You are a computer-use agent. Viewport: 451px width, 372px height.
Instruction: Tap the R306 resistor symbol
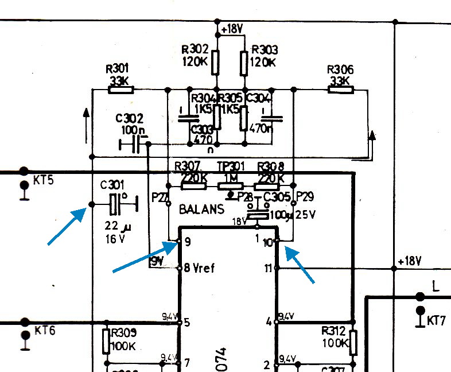coord(340,90)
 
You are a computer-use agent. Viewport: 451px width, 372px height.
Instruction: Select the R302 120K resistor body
coord(216,62)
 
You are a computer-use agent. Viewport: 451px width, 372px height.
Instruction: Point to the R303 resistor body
coord(244,62)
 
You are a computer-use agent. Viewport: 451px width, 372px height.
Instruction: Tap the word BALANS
coord(201,210)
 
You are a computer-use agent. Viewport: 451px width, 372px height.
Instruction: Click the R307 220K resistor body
coord(194,185)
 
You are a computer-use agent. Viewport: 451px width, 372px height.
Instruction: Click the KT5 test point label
coord(44,180)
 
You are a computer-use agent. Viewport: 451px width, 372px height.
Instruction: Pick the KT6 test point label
coord(44,331)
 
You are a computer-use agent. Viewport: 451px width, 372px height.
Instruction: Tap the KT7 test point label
coord(436,320)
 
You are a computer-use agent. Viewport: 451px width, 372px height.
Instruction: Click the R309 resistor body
coord(106,341)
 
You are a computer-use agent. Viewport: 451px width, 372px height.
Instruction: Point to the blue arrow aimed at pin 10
coord(300,265)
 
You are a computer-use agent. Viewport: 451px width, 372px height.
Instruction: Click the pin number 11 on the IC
coord(268,268)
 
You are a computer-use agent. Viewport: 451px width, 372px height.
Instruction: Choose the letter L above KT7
coord(436,286)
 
